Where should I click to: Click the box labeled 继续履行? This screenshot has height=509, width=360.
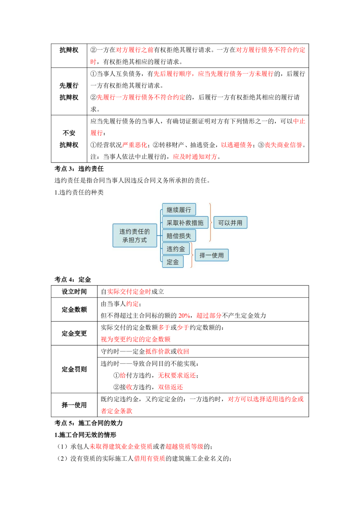[179, 210]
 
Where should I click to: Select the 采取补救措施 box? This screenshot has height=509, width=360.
[185, 223]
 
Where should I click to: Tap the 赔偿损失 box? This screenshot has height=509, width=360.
[179, 236]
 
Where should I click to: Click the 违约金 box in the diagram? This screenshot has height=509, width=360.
[176, 249]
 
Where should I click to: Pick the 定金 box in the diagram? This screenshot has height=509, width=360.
[173, 262]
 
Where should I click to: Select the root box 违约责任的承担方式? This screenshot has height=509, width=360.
[135, 236]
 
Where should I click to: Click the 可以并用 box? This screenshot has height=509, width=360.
[230, 223]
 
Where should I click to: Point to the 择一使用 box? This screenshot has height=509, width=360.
[212, 255]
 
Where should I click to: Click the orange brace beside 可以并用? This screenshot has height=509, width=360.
[210, 222]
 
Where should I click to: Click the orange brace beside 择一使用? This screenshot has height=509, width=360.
[192, 255]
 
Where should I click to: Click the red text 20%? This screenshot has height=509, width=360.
[184, 316]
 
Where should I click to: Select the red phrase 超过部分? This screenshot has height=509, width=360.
[209, 316]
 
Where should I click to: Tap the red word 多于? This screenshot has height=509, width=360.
[164, 328]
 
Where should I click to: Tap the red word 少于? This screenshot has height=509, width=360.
[183, 328]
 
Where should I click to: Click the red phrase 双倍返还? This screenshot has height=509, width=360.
[170, 387]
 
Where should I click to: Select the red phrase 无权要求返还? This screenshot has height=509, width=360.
[176, 375]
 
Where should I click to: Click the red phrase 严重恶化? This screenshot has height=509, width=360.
[135, 145]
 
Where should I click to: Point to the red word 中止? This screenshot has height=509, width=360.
[299, 121]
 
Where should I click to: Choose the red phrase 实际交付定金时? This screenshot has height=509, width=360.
[129, 292]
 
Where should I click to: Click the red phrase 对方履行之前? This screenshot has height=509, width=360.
[135, 50]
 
